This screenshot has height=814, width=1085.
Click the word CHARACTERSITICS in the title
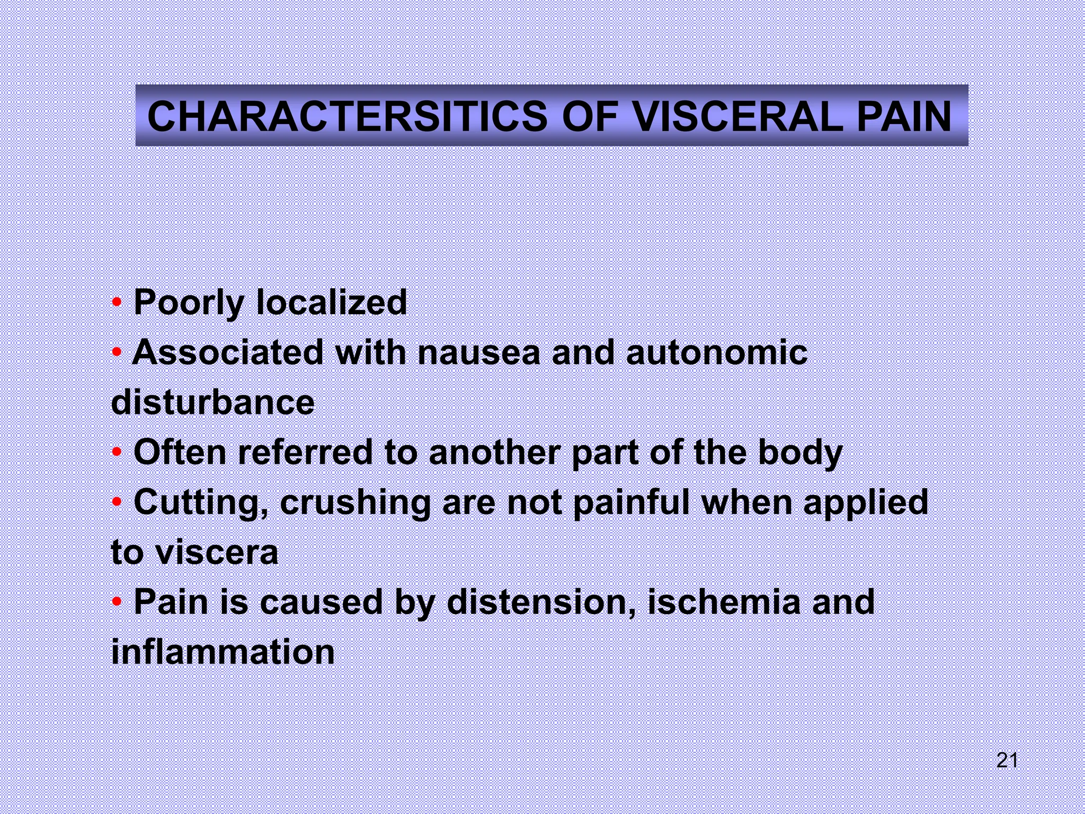pyautogui.click(x=347, y=117)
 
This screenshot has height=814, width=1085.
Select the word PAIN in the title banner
pyautogui.click(x=904, y=117)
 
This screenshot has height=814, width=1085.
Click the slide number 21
pyautogui.click(x=1007, y=760)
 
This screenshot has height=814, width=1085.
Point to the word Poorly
pyautogui.click(x=188, y=303)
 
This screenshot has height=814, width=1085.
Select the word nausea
pyautogui.click(x=479, y=352)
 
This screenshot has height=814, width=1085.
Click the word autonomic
pyautogui.click(x=717, y=352)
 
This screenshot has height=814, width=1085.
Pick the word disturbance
pyautogui.click(x=213, y=402)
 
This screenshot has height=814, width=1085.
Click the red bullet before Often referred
pyautogui.click(x=117, y=453)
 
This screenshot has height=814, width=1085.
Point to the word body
pyautogui.click(x=800, y=454)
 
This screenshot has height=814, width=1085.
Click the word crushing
pyautogui.click(x=355, y=503)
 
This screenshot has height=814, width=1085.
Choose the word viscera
pyautogui.click(x=217, y=552)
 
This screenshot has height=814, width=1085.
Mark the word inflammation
pyautogui.click(x=223, y=652)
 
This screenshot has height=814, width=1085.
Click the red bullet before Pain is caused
pyautogui.click(x=117, y=603)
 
